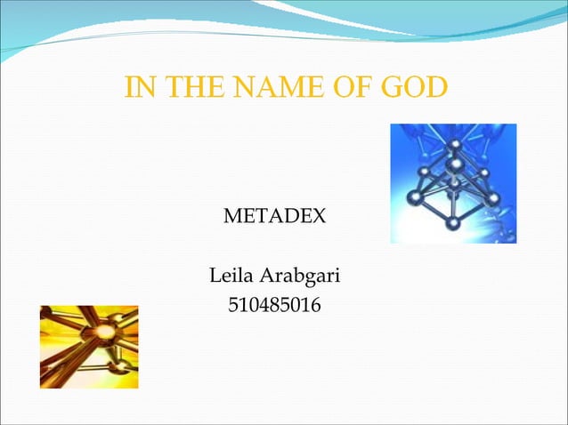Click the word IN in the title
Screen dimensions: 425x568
click(139, 88)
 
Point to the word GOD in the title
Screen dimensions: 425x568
click(412, 88)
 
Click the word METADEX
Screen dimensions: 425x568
click(273, 216)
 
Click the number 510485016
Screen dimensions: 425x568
click(274, 307)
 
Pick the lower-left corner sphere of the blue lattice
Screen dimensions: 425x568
click(414, 196)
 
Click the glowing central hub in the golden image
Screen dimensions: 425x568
click(105, 332)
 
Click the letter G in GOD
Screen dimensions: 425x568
click(393, 88)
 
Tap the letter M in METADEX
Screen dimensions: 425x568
click(231, 216)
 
